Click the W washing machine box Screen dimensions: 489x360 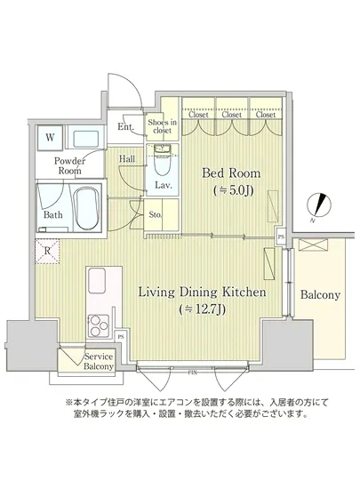coord(50,138)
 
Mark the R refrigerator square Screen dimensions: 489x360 coord(47,251)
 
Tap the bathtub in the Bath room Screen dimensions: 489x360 coord(85,206)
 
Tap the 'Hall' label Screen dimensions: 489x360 coord(128,159)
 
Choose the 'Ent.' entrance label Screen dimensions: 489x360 coord(125,127)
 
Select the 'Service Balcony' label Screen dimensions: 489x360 coord(98,361)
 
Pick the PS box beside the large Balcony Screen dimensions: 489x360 coord(281,237)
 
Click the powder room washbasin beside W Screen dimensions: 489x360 coord(85,138)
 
